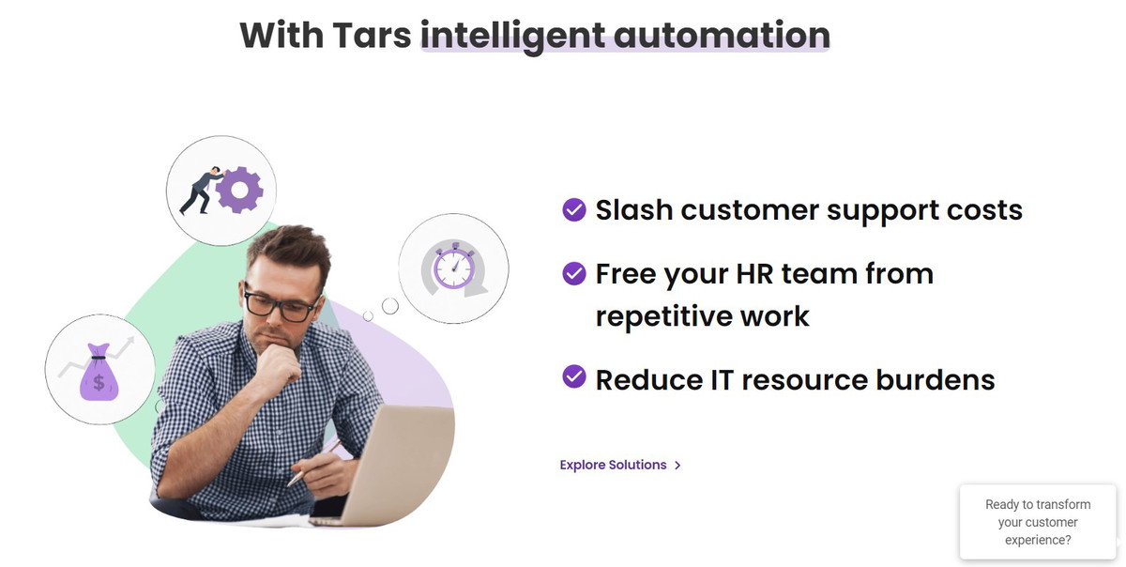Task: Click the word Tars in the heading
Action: (372, 36)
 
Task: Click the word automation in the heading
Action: (722, 36)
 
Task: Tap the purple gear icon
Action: (239, 191)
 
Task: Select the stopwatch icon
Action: (454, 268)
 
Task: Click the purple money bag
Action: (99, 373)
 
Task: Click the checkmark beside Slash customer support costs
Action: (574, 209)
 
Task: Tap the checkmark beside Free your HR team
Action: (574, 274)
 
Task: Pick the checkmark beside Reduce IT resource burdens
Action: (574, 376)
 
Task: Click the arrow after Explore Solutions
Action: (677, 466)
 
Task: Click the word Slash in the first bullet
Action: (634, 209)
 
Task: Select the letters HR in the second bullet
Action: (754, 274)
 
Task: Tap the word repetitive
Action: (663, 317)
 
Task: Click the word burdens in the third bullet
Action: (936, 380)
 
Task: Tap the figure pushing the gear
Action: (201, 191)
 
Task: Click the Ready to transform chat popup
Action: (1038, 522)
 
